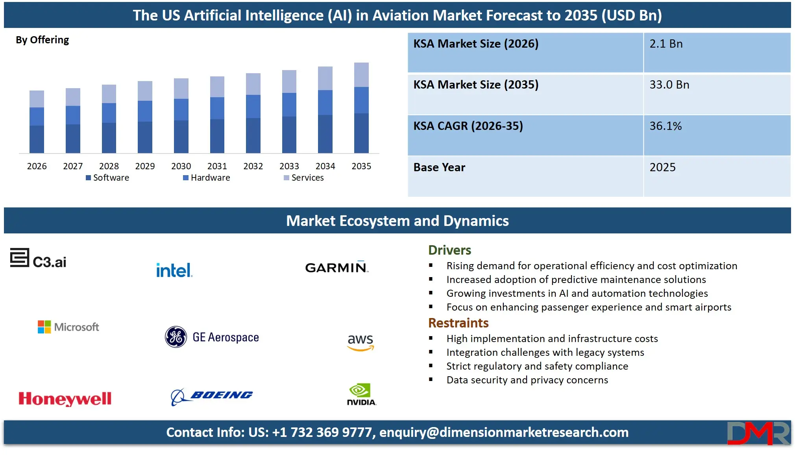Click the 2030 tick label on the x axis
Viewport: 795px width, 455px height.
point(181,166)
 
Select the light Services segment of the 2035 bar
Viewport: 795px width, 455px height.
point(361,75)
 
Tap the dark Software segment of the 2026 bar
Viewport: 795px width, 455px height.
point(37,139)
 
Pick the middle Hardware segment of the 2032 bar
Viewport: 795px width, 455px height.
point(253,106)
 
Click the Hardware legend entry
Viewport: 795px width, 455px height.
point(207,178)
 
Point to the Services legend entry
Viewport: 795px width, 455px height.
point(304,178)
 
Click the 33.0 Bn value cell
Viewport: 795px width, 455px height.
point(669,85)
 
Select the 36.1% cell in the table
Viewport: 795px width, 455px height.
point(666,126)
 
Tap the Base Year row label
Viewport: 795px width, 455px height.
point(439,168)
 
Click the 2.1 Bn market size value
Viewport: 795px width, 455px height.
point(666,44)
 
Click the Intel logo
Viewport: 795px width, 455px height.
point(174,270)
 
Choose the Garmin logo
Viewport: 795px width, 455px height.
point(336,267)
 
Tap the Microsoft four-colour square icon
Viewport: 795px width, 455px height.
point(44,327)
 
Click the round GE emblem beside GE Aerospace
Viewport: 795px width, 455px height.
point(176,337)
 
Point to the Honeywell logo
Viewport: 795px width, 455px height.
point(65,399)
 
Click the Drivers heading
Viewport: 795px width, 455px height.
point(449,250)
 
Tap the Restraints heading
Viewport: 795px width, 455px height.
point(458,323)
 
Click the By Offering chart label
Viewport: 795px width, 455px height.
point(42,40)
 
